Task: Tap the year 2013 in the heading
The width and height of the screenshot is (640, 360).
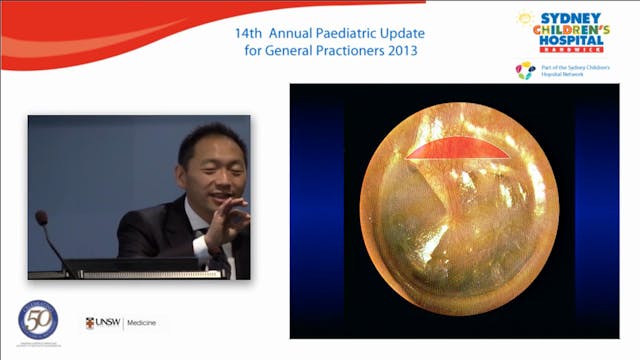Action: click(x=399, y=50)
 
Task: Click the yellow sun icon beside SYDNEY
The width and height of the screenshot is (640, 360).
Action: click(x=527, y=19)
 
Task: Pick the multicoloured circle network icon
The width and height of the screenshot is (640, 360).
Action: click(x=525, y=70)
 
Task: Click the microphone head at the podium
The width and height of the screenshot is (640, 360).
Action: click(x=42, y=217)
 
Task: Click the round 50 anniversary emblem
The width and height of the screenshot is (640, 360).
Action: click(x=39, y=319)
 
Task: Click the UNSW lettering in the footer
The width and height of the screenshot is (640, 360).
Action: click(x=108, y=324)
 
